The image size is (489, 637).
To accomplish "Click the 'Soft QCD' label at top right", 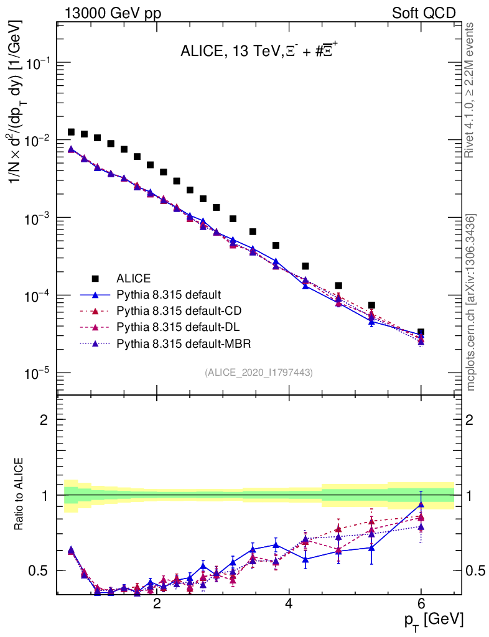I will (424, 13).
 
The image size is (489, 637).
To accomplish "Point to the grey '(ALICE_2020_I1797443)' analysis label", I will (259, 372).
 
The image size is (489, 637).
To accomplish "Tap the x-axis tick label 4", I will (289, 604).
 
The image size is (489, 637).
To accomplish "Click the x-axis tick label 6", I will (421, 604).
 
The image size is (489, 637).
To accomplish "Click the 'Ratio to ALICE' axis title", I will (20, 495).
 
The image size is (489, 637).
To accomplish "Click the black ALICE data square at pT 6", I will (421, 332).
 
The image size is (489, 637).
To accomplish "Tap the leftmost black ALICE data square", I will (71, 132).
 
